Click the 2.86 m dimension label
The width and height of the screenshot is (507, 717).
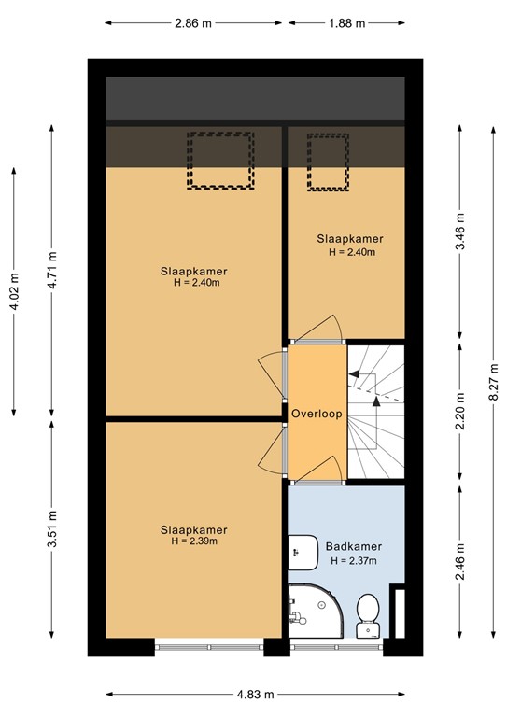click(192, 23)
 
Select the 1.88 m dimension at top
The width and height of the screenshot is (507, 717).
click(346, 23)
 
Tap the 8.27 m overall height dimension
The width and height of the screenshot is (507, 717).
click(493, 385)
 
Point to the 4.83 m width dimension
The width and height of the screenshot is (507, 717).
click(256, 694)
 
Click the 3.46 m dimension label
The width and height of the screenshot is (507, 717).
click(460, 229)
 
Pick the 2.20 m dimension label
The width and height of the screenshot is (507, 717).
click(460, 412)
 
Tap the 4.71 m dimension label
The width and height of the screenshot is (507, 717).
click(53, 270)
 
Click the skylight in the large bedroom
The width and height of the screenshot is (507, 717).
click(221, 160)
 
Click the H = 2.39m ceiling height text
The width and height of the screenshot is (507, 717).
click(194, 541)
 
